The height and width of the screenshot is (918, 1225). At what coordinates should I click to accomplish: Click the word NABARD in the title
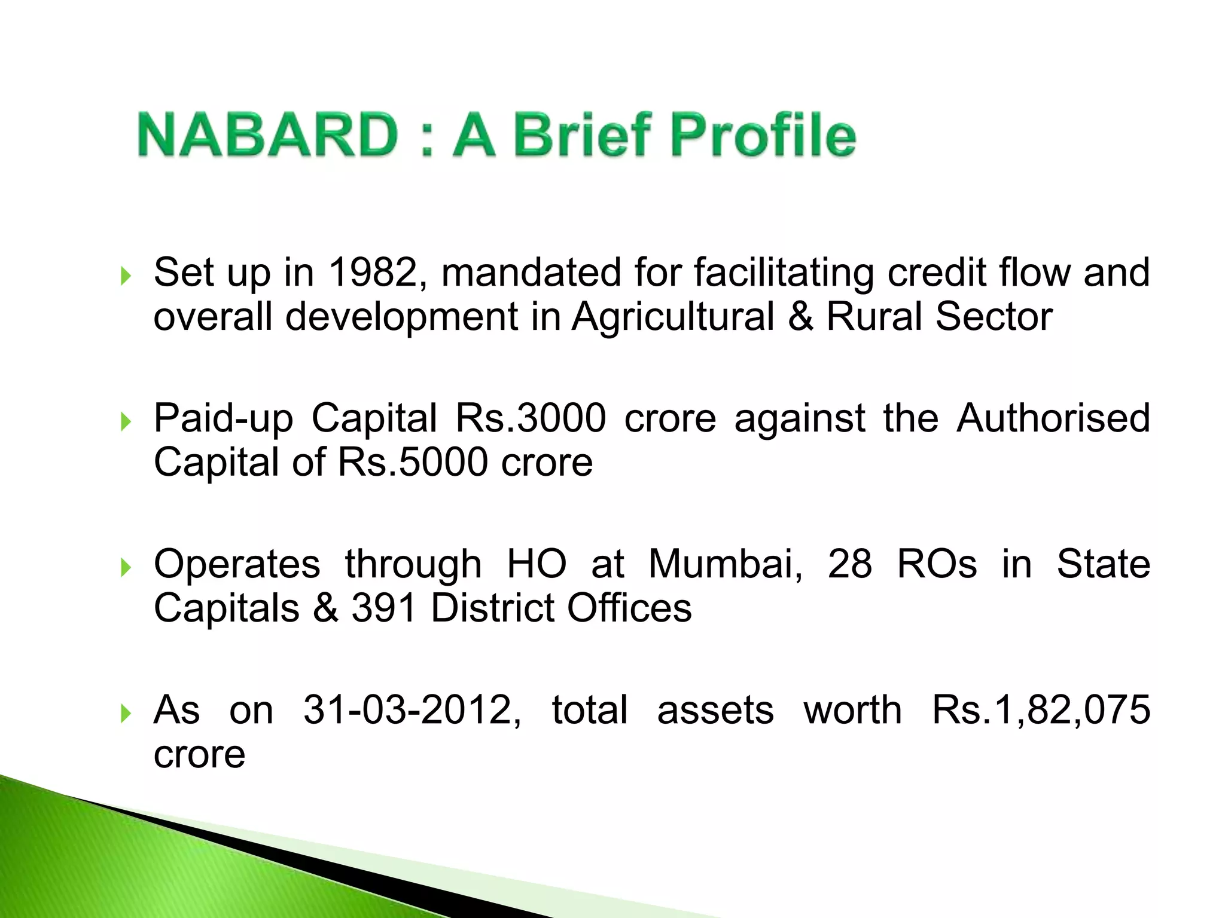click(267, 135)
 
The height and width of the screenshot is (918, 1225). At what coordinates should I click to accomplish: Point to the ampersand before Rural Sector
click(800, 317)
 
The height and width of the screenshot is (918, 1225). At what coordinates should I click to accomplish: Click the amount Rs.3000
click(531, 418)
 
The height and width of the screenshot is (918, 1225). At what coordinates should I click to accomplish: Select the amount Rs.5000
click(413, 462)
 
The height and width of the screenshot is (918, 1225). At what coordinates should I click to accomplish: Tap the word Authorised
click(1053, 418)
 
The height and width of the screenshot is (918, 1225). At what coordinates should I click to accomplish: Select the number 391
click(383, 608)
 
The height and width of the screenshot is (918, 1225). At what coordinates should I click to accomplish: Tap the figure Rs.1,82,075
click(1041, 710)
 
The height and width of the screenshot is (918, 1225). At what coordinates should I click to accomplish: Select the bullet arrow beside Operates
click(125, 568)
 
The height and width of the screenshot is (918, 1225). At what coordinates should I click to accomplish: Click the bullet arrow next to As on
click(125, 714)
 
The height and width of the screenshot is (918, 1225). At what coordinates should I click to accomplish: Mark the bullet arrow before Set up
click(125, 277)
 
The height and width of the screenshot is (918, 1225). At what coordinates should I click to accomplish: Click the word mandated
click(531, 273)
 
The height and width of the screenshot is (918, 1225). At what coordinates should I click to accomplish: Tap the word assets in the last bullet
click(715, 710)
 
